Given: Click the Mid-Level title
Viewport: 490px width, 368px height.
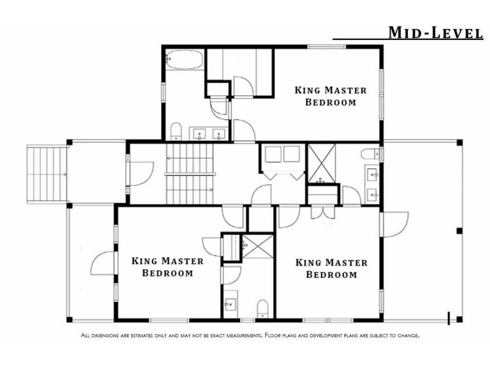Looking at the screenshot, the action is [x=435, y=33].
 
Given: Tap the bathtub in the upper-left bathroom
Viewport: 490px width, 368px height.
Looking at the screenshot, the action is [x=183, y=59].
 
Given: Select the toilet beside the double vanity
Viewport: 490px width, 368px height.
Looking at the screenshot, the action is [x=176, y=131].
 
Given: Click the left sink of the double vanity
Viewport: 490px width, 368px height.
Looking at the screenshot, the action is [x=199, y=134].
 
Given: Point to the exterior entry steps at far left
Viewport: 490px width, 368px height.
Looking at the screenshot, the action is [x=47, y=174].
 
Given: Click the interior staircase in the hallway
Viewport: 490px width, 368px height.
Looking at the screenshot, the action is [x=190, y=174].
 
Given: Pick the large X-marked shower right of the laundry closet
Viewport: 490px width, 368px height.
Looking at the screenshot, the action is [x=322, y=163].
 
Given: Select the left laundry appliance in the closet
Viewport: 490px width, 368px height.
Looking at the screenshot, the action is [x=273, y=154].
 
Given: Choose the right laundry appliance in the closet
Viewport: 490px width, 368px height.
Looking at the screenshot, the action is [x=292, y=154].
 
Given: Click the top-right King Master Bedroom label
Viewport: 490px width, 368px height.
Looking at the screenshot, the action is [x=331, y=96].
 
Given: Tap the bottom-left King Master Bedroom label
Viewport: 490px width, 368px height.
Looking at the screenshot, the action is [x=167, y=267].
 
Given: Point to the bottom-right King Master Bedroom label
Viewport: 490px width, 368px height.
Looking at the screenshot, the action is [x=331, y=269].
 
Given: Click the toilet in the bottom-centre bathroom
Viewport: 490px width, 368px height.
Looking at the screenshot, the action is [x=263, y=309].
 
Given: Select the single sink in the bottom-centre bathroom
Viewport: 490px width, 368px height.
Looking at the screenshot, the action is [x=230, y=304].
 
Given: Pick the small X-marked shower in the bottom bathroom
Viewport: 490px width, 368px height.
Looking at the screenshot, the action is [x=258, y=247].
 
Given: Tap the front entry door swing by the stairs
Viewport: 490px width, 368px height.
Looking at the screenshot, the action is [x=141, y=174].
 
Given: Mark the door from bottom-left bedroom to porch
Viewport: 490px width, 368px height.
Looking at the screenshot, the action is [x=102, y=264].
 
